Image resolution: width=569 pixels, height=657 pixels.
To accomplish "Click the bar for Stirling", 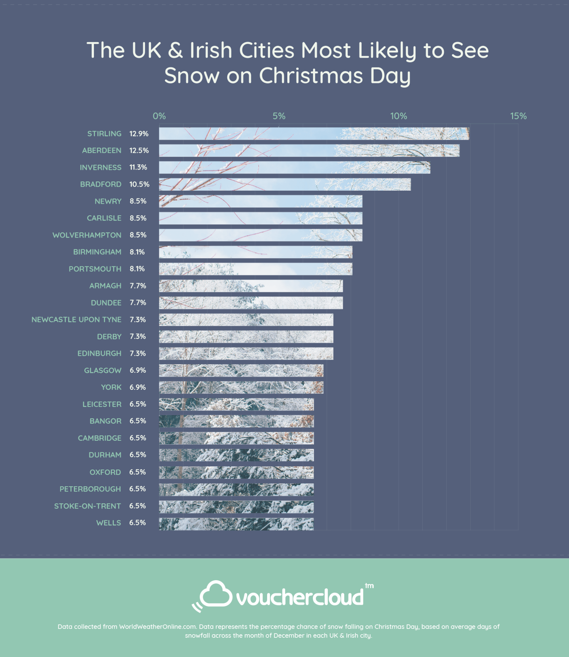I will [314, 134].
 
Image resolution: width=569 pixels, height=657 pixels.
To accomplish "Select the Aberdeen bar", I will [309, 150].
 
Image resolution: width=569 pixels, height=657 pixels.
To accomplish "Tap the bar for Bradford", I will [285, 184].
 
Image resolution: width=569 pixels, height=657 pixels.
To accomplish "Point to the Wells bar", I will [236, 524].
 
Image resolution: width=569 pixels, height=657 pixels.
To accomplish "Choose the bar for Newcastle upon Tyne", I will [246, 320].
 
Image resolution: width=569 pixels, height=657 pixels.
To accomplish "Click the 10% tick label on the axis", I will [399, 116].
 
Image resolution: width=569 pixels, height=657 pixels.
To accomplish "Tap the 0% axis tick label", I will [159, 116].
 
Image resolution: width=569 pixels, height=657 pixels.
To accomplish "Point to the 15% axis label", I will [518, 116].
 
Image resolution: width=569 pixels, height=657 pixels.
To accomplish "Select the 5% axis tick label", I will [279, 116].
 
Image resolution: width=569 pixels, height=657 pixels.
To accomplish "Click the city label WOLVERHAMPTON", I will [87, 235].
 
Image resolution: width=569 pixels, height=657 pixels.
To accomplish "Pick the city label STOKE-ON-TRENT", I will [87, 506].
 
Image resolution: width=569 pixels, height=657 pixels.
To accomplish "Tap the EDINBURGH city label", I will [99, 354].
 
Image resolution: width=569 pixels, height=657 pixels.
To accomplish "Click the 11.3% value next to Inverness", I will [138, 167].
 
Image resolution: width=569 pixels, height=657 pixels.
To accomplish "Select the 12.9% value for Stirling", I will [139, 134].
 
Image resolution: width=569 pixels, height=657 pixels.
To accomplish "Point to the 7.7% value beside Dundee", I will [138, 303].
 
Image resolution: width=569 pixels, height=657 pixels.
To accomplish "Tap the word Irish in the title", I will [211, 50].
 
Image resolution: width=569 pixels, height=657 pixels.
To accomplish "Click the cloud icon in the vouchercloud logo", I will [215, 595].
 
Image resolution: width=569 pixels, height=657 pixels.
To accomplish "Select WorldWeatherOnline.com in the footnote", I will [158, 626].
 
